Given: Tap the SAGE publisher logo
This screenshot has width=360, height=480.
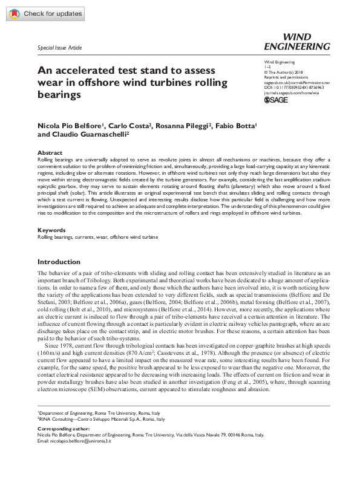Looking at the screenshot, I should point(279,101).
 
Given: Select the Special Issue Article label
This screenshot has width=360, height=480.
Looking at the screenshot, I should point(59,48).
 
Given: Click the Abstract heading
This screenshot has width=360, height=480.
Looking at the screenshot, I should point(50,152).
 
